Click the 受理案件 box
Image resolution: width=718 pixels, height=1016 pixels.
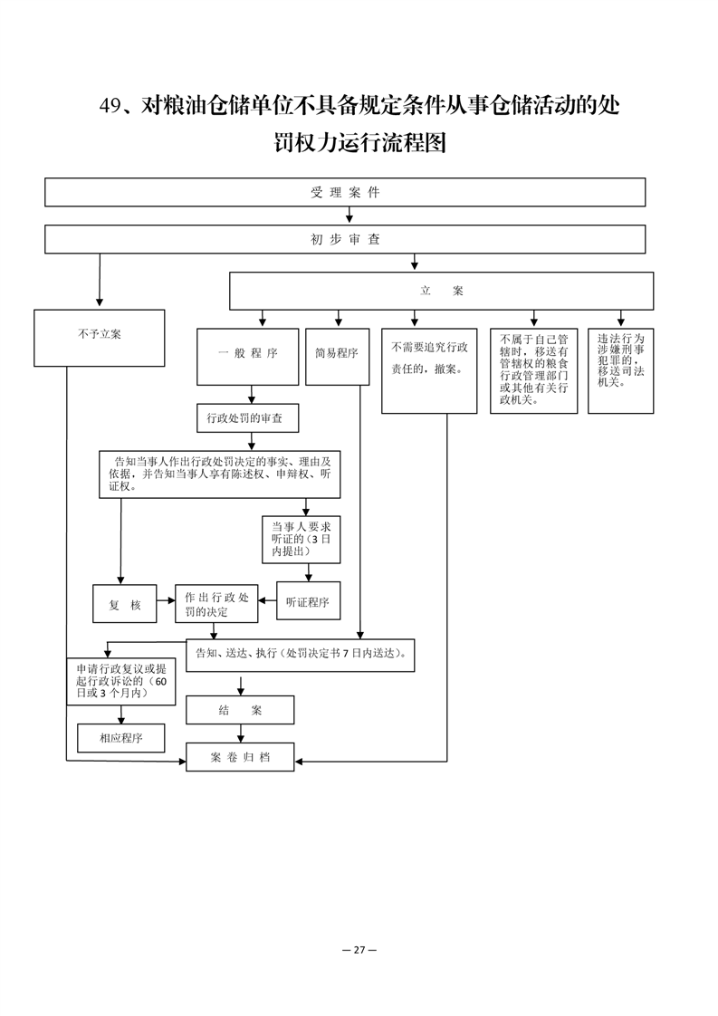(345, 193)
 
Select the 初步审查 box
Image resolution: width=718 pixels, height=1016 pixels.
(345, 239)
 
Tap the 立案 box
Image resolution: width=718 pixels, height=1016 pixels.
(441, 291)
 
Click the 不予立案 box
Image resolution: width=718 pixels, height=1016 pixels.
(100, 339)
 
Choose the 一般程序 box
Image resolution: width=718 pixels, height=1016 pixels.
(247, 357)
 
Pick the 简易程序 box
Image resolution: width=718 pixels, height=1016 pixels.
(337, 357)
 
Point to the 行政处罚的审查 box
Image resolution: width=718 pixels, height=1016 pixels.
(248, 418)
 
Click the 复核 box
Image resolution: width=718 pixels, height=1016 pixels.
(124, 604)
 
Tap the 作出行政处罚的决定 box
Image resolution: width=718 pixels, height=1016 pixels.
(216, 604)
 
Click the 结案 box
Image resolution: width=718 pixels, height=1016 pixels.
(240, 710)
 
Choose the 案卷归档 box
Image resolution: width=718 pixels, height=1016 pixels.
(240, 757)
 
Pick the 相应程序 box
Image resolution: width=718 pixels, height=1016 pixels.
(121, 738)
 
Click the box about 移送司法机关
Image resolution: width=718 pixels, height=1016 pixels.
(621, 370)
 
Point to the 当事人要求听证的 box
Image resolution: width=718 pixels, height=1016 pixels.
(302, 539)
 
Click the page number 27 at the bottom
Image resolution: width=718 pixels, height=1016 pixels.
(359, 950)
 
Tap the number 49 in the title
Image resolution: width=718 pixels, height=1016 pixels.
(110, 106)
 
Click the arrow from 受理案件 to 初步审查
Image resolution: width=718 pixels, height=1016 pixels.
(349, 216)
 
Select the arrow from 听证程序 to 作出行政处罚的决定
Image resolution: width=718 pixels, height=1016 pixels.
(267, 600)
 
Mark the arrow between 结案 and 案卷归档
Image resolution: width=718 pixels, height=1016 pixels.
(241, 733)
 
